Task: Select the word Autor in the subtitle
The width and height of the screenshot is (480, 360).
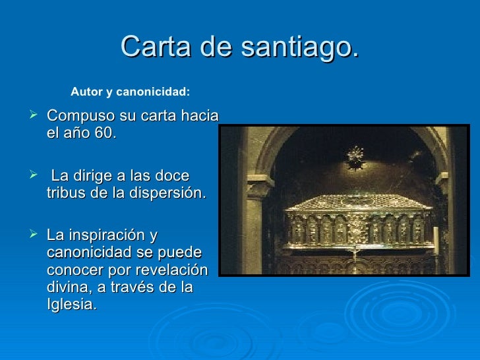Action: pos(86,92)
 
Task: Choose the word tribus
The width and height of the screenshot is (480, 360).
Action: pos(67,193)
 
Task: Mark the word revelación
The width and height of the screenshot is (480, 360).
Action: pos(172,270)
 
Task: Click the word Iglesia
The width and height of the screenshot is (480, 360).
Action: pos(72,305)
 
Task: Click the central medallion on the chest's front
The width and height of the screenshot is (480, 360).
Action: pos(357,231)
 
